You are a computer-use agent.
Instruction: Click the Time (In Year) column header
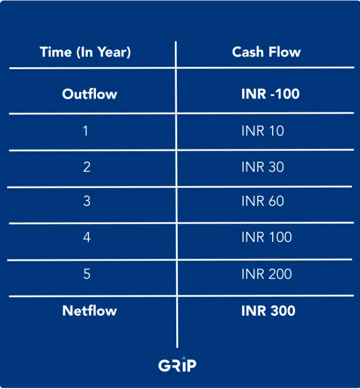[x=85, y=52]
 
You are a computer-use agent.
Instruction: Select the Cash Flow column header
[x=266, y=52]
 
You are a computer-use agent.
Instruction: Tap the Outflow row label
[x=89, y=94]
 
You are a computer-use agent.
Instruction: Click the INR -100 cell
[x=271, y=94]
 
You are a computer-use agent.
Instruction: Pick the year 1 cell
[x=85, y=131]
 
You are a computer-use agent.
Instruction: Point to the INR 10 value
[x=263, y=131]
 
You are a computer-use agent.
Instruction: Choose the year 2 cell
[x=87, y=167]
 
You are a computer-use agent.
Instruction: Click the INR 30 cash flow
[x=263, y=167]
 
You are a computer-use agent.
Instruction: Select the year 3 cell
[x=87, y=201]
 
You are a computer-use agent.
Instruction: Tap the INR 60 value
[x=263, y=201]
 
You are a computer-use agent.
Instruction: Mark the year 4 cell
[x=87, y=237]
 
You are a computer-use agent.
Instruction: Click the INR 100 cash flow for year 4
[x=267, y=237]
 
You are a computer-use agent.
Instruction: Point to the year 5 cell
[x=87, y=274]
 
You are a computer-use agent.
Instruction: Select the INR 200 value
[x=267, y=274]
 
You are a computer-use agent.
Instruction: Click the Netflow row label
[x=89, y=311]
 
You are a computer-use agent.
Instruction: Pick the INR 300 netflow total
[x=269, y=311]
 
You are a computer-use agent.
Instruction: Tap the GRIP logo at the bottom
[x=177, y=364]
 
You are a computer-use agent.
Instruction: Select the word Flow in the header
[x=285, y=52]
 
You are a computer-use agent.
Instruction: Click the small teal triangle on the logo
[x=184, y=358]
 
